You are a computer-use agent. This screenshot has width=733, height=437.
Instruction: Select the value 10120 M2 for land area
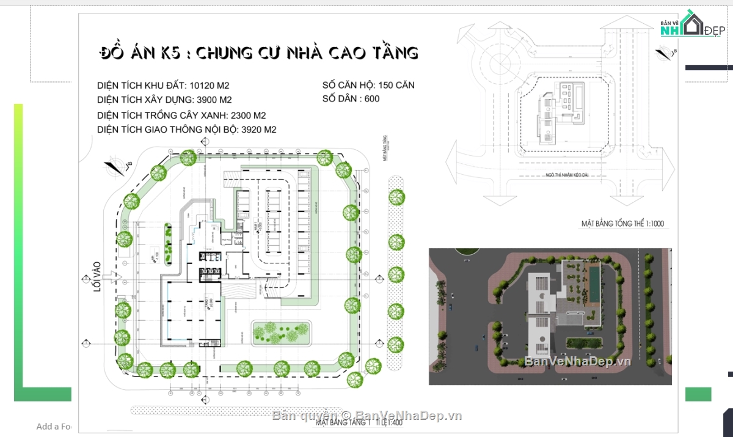click(210, 86)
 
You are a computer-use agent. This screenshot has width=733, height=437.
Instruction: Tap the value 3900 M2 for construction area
click(214, 100)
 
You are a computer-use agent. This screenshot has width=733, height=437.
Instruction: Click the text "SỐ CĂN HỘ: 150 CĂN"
click(368, 86)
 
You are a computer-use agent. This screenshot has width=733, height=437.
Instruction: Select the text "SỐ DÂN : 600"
click(351, 99)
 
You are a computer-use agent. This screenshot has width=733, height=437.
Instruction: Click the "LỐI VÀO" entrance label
click(96, 281)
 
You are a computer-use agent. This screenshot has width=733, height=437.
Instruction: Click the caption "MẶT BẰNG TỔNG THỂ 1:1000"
click(622, 224)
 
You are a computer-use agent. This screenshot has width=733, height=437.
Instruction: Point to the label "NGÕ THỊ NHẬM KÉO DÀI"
click(574, 176)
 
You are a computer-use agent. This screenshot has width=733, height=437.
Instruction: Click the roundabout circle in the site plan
click(497, 62)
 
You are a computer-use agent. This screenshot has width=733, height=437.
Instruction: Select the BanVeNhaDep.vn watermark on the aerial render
click(577, 361)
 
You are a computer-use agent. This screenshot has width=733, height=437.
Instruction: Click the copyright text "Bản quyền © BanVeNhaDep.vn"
click(366, 416)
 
